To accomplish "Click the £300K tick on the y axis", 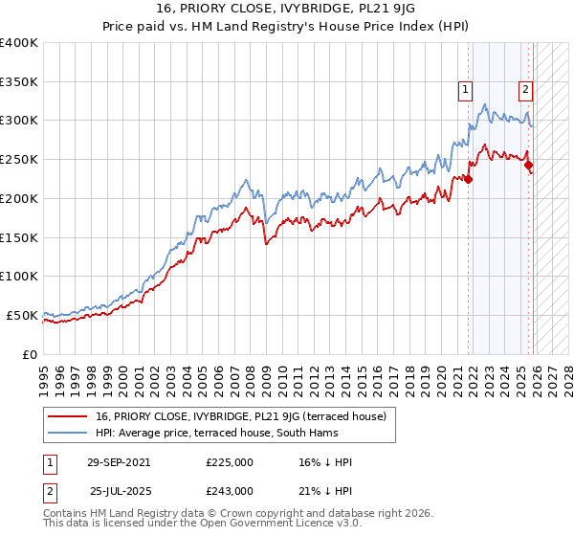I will (x=19, y=121).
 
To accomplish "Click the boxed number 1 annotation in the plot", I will (x=465, y=91).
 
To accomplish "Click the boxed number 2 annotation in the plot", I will (x=525, y=91).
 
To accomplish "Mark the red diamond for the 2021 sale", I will (x=469, y=178).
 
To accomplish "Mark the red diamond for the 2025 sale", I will (x=529, y=165).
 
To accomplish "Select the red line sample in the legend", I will (x=69, y=416).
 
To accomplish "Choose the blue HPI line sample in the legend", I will (x=69, y=433).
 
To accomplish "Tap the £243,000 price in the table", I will (x=229, y=490).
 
